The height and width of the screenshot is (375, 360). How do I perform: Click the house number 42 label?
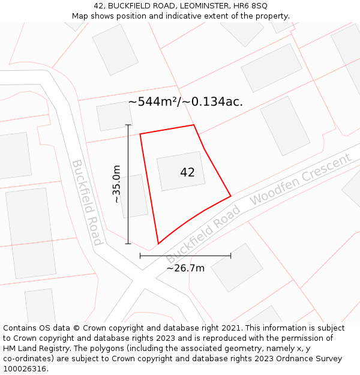tap(187, 172)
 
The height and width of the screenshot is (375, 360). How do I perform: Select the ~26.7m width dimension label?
tap(185, 268)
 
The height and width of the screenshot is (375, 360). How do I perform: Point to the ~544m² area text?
tap(153, 102)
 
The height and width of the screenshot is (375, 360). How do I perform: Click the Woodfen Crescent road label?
tap(300, 179)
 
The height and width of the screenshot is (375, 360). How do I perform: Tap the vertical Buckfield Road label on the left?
tap(87, 202)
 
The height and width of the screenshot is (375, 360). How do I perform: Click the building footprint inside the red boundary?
tap(181, 170)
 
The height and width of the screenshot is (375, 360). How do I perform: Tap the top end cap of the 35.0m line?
tap(128, 125)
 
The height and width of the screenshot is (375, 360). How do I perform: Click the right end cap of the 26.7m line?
tap(231, 256)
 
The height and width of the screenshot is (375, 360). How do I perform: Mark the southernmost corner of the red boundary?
tap(158, 244)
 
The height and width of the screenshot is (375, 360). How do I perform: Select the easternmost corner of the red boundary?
tap(231, 196)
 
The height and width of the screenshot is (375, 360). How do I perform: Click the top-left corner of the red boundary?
tap(140, 134)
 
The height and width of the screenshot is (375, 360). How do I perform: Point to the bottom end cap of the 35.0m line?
tap(128, 244)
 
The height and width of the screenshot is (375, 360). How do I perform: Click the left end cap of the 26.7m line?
tap(140, 256)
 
